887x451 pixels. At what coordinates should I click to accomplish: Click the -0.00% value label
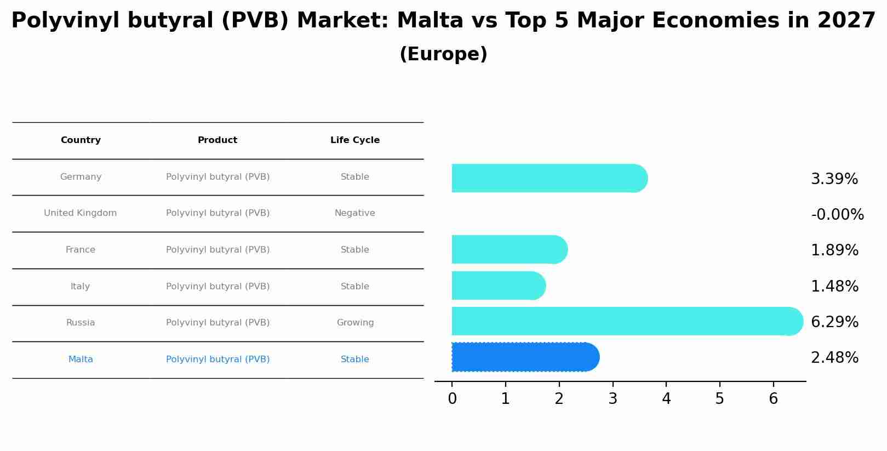tap(837, 215)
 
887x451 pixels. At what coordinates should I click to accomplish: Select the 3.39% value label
tap(834, 179)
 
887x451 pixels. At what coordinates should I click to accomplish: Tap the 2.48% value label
tap(834, 358)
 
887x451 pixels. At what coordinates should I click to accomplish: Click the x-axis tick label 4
tap(666, 399)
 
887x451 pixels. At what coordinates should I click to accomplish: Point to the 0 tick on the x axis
tap(452, 399)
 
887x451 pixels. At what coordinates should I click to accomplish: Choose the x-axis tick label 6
tap(773, 399)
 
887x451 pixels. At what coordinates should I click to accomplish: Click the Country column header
tap(81, 140)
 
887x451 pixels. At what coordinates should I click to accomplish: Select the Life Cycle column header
tap(355, 140)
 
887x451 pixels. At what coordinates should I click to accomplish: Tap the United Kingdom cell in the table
tap(81, 213)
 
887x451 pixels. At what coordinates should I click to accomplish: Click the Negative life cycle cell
tap(355, 213)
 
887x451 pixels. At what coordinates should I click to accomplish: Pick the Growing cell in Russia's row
tap(355, 323)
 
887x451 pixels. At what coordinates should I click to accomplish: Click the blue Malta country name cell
tap(81, 359)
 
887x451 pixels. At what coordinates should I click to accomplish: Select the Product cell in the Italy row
tap(218, 287)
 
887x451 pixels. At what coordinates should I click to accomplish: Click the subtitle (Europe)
tap(443, 54)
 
